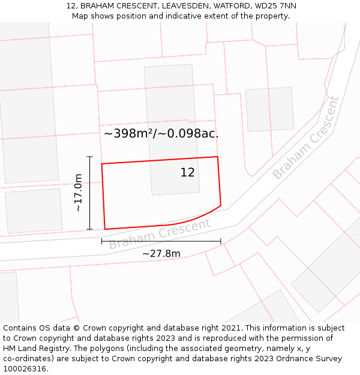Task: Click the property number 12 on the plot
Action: pos(187,173)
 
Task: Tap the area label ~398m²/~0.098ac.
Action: pos(161,134)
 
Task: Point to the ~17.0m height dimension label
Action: pos(78,193)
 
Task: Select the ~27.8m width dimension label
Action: pos(161,254)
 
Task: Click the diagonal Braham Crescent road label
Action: pos(306,138)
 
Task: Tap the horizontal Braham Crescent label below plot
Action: pos(160,234)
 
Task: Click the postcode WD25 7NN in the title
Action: pos(274,6)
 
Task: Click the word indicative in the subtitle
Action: pos(175,16)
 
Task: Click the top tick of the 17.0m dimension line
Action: pos(90,157)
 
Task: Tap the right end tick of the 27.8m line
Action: pos(221,241)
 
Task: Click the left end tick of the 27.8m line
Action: pos(102,241)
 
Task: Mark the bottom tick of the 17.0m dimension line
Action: pos(90,229)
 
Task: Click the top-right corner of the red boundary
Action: pos(217,157)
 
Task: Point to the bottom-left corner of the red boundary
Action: pos(105,229)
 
